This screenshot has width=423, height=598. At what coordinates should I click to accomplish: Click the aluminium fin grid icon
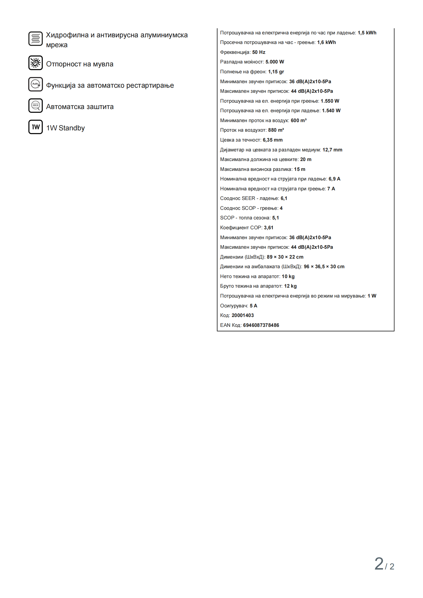[35, 39]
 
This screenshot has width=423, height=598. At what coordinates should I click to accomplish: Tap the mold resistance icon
[35, 63]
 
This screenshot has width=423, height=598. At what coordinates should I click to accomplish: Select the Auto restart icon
[35, 84]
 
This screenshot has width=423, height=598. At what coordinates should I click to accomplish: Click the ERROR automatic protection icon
[35, 106]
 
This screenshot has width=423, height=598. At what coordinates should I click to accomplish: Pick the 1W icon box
[35, 127]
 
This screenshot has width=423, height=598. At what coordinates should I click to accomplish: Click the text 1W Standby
[66, 128]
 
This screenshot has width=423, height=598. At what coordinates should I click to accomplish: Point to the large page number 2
[379, 564]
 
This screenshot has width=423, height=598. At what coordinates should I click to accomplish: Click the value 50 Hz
[259, 52]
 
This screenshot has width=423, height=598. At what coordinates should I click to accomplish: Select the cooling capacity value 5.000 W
[275, 62]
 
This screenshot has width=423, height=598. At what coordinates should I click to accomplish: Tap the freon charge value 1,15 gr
[276, 72]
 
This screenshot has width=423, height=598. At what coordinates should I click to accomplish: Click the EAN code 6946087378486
[261, 325]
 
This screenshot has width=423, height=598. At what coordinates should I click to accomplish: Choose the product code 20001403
[243, 315]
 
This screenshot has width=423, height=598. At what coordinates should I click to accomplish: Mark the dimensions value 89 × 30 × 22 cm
[285, 257]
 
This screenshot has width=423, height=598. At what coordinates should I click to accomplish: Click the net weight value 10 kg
[288, 276]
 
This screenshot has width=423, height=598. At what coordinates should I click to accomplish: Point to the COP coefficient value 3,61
[268, 228]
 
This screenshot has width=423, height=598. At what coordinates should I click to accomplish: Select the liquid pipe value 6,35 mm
[272, 140]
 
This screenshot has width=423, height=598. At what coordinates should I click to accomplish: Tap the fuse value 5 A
[253, 306]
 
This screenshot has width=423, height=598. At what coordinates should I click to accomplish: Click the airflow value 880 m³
[276, 130]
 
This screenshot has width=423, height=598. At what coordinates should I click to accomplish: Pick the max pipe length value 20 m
[306, 159]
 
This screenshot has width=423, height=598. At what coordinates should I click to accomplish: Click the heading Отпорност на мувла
[80, 64]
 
